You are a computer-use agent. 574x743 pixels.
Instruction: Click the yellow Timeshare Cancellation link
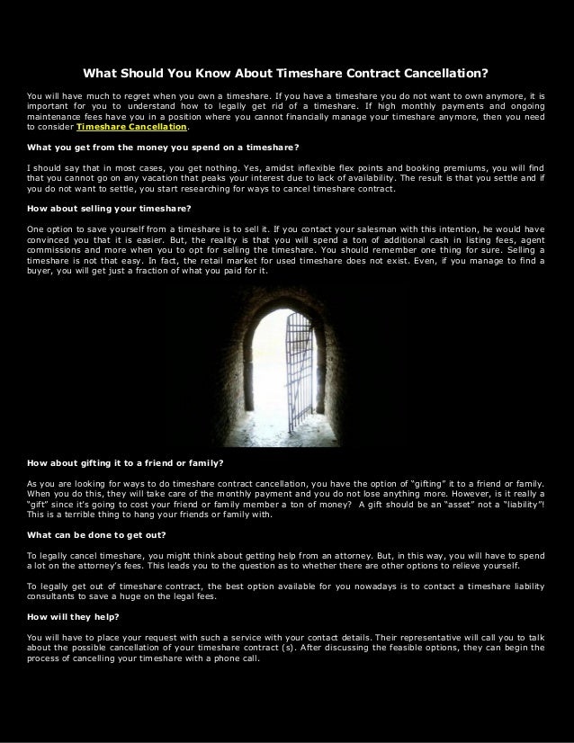140,129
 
